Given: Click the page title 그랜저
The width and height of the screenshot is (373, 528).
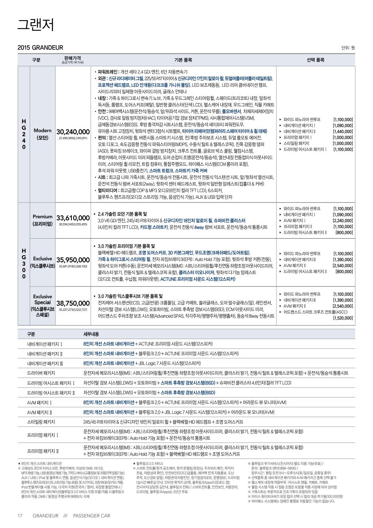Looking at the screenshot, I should coord(36,24).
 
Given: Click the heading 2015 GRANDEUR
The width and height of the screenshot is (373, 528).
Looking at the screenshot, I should coord(40,48).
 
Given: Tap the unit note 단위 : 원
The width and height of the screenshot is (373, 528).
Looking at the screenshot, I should coord(348,48).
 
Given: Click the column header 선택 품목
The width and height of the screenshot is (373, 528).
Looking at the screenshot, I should coord(315,60).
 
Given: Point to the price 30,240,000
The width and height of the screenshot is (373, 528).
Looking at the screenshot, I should coord(73,132).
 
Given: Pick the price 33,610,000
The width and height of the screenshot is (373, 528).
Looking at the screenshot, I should coord(73,218).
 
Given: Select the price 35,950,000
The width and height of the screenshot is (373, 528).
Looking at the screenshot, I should coord(73,260).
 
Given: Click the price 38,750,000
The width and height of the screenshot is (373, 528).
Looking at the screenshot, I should coord(73,303).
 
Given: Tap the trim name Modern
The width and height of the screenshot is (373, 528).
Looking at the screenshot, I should coord(42,131).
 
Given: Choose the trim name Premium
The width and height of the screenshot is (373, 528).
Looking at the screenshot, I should coord(42,217).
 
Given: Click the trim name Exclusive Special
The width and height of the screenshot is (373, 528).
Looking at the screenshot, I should coord(42,299).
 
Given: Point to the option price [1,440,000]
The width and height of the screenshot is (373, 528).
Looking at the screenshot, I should coord(343,131).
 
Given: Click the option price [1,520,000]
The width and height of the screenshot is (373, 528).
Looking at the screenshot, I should coord(343,318).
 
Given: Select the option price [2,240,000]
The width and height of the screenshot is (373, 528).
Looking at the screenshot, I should coord(343,221).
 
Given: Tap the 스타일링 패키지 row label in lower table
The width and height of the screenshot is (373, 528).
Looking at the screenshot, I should coord(41,422).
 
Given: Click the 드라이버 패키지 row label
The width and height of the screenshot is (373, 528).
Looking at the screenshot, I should coord(41,373).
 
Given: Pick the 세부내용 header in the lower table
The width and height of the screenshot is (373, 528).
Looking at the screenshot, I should coord(91,334).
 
